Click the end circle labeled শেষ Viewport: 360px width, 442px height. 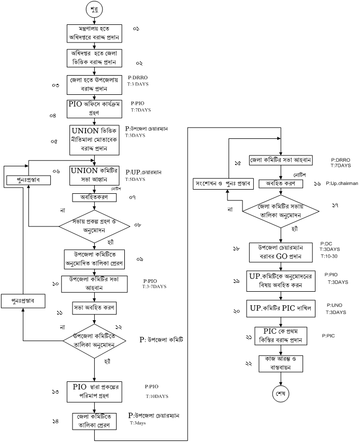[280, 393]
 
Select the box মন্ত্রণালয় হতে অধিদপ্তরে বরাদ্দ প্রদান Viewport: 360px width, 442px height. [94, 33]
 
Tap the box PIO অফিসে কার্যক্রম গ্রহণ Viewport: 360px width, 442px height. [94, 107]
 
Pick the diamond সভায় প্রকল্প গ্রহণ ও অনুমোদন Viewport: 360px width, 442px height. [94, 226]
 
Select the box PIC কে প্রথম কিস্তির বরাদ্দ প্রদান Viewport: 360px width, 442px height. [280, 335]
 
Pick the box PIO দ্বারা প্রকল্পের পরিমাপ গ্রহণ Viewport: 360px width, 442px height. [94, 391]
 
